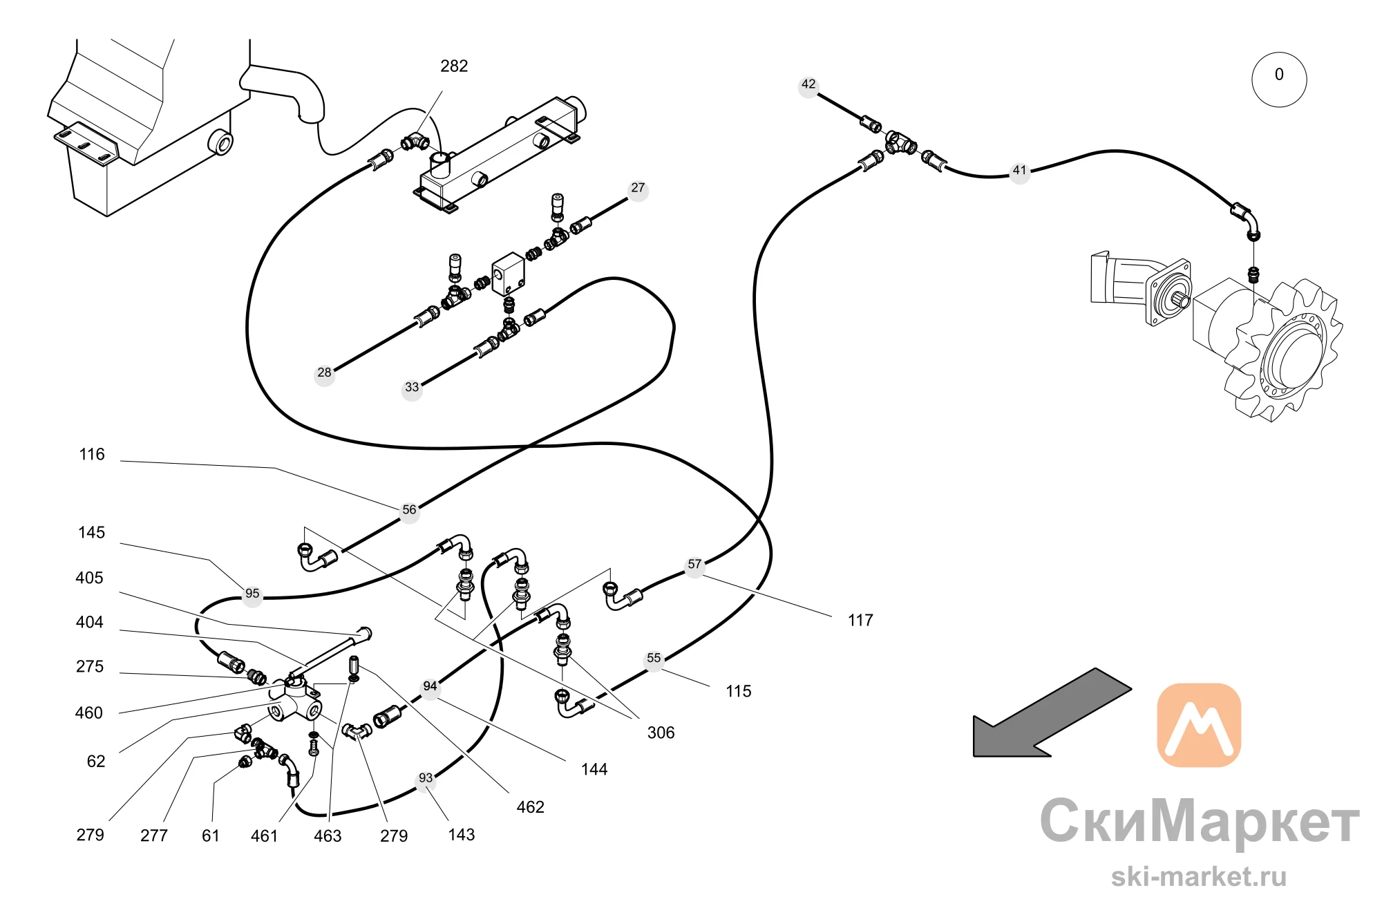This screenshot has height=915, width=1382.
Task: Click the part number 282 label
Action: [454, 66]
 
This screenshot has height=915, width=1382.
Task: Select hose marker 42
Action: [808, 85]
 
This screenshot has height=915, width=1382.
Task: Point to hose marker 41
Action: [1020, 171]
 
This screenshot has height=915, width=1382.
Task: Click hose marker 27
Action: [638, 188]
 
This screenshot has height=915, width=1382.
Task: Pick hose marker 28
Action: [324, 373]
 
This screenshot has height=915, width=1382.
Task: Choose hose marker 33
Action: [412, 388]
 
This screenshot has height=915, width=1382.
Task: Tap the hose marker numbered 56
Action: [409, 510]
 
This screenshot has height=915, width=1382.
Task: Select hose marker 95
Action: [252, 594]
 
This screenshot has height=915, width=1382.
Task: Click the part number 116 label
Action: [92, 455]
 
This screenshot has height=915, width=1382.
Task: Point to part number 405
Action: [89, 578]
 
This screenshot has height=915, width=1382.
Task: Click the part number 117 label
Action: [860, 621]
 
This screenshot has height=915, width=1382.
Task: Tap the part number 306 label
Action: [661, 733]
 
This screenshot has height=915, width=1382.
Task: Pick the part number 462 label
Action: [530, 807]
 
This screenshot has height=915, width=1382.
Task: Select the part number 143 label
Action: [461, 835]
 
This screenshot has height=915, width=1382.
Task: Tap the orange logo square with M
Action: [1199, 725]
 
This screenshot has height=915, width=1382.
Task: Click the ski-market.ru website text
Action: [1199, 877]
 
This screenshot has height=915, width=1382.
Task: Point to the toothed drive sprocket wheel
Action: [1285, 349]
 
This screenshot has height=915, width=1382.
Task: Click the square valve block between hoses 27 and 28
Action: [508, 273]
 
